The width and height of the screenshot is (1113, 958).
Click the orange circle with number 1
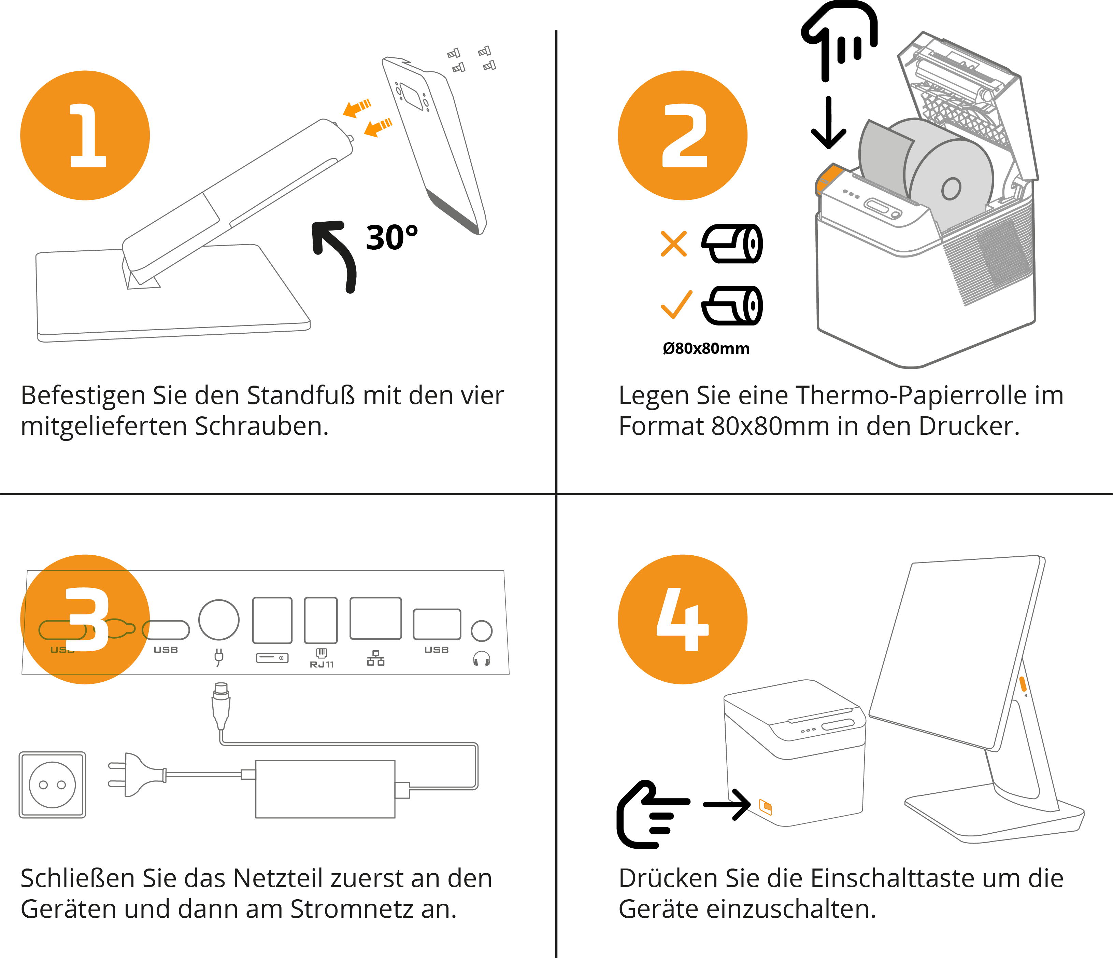pos(85,136)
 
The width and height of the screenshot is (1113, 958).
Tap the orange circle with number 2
pos(682,136)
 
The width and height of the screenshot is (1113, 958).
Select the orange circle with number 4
pos(682,619)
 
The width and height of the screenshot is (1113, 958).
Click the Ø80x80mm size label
pos(706,348)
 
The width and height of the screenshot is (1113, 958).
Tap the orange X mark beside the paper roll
pos(674,244)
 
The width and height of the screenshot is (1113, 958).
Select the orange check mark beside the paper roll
pos(676,305)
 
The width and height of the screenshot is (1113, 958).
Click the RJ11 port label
pos(322,665)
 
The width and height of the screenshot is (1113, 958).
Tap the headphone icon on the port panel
pos(481,658)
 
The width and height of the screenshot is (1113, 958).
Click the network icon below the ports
pos(375,658)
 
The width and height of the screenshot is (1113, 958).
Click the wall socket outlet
pos(52,785)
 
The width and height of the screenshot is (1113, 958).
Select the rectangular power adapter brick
pos(325,789)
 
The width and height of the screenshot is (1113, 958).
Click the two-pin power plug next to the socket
pos(137,775)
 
